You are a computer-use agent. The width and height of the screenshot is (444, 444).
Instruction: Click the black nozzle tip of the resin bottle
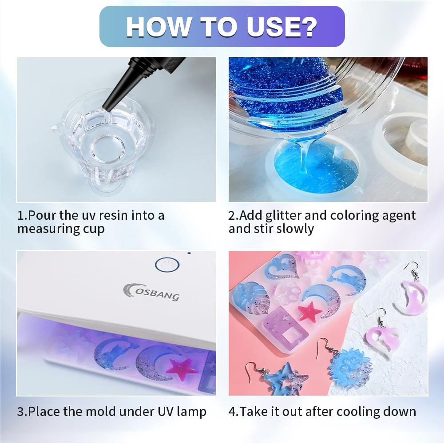(x=107, y=106)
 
